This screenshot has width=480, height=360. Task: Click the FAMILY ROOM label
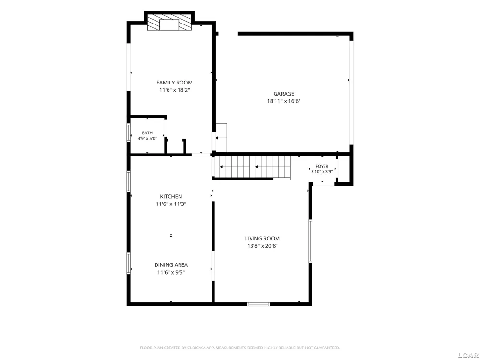175,83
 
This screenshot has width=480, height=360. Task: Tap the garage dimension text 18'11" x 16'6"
284,101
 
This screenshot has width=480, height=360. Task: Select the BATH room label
147,133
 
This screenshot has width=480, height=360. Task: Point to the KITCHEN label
171,196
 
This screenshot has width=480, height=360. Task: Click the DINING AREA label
171,265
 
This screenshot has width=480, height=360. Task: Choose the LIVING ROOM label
263,239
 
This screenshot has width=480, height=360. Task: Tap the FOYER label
322,166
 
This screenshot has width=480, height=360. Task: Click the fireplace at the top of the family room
169,22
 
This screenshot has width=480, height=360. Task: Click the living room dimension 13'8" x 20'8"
263,246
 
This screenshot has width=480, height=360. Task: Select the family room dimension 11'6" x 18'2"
175,90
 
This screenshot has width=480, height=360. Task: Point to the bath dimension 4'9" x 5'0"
147,138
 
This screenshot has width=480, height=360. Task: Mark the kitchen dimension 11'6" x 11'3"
171,204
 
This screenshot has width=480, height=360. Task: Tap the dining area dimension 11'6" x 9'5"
171,273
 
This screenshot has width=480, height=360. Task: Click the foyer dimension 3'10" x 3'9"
322,172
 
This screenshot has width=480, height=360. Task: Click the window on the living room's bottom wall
259,304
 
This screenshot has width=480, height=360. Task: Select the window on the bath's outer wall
129,132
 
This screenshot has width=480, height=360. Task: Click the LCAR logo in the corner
468,355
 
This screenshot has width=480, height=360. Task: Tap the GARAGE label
284,94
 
